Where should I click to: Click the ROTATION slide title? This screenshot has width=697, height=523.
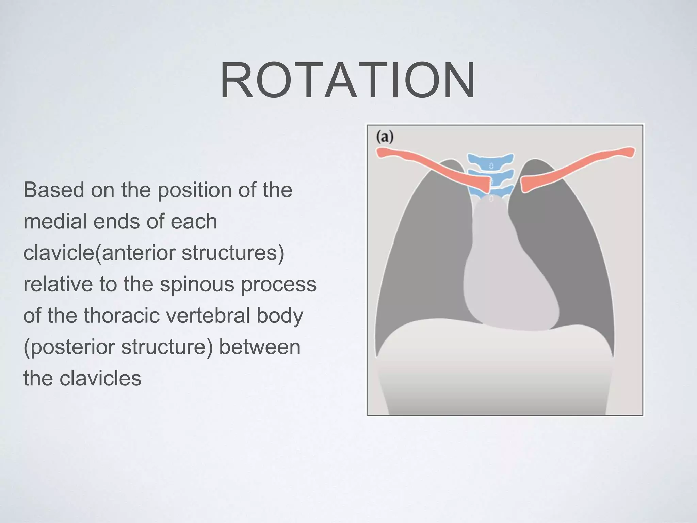[x=347, y=80]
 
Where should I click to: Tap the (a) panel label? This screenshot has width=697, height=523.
[x=385, y=137]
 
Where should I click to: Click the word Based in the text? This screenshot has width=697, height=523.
[x=54, y=190]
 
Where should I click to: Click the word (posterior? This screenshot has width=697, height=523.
[x=69, y=347]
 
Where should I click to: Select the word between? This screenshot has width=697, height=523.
[x=260, y=347]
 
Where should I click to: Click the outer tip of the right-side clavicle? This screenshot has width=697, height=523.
[x=630, y=152]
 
